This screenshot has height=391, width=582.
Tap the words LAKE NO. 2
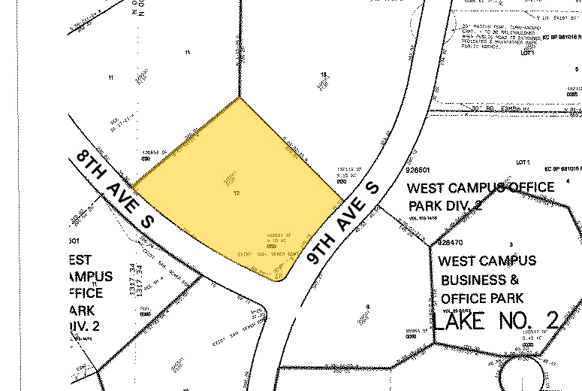click(496, 321)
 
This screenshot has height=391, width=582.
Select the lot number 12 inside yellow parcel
click(237, 193)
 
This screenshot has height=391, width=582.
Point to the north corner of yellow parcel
click(240, 97)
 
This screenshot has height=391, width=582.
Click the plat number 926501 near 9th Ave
click(418, 171)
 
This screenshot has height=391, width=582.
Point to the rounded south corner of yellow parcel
click(279, 281)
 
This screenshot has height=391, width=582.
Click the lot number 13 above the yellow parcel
click(324, 74)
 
